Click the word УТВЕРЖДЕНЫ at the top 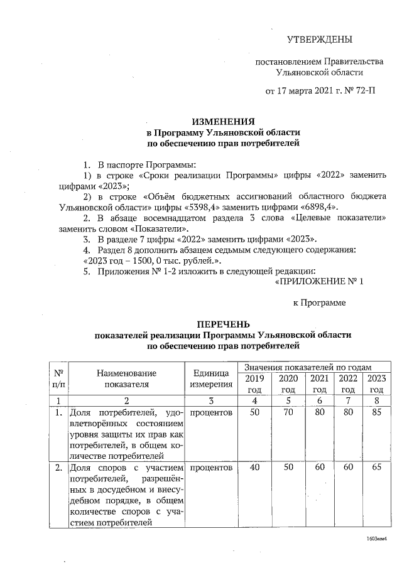tap(319, 40)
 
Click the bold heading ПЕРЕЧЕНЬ tap(224, 324)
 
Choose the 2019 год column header tap(254, 383)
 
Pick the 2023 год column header tap(376, 383)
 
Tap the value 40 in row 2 tap(254, 468)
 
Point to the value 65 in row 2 tap(376, 468)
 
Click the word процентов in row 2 tap(210, 468)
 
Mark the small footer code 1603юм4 tap(376, 539)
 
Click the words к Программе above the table tap(320, 303)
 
